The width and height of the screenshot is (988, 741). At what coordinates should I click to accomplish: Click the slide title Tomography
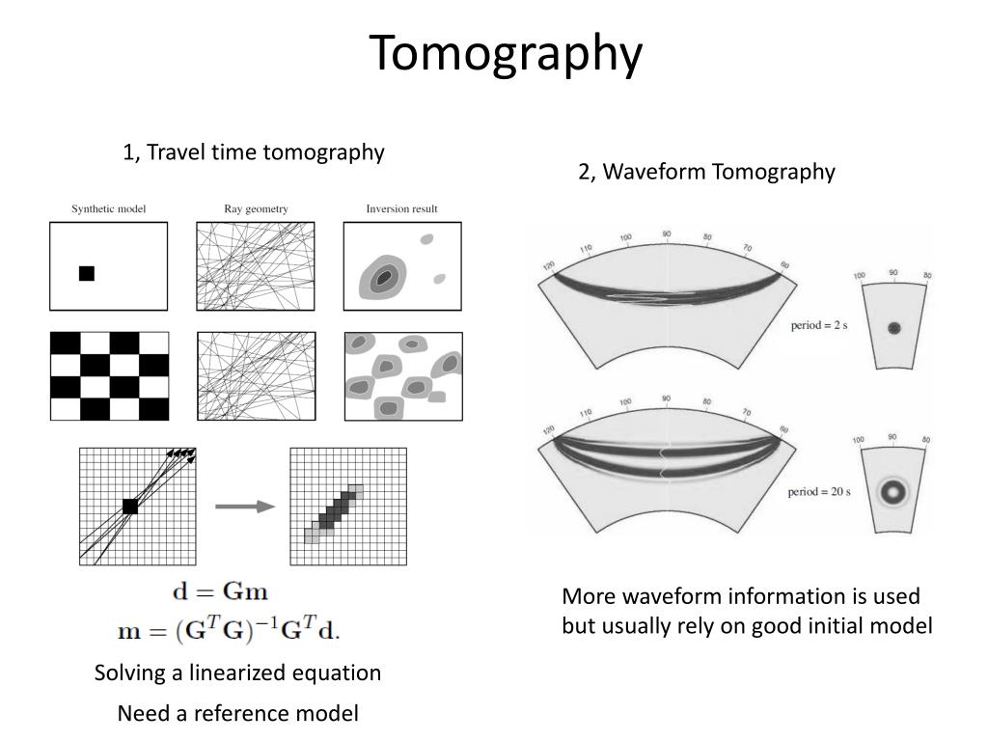coord(507,53)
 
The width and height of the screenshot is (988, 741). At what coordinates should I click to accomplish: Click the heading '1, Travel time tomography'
coord(253,152)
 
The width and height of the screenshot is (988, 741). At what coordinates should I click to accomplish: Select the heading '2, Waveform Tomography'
coord(706,172)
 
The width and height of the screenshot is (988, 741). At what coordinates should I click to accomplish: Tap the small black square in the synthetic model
coord(87,273)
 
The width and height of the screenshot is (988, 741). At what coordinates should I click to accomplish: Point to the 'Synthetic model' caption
coord(108,208)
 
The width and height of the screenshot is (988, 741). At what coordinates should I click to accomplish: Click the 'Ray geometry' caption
coord(255,208)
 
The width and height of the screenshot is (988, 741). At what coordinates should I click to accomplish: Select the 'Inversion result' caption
coord(401,208)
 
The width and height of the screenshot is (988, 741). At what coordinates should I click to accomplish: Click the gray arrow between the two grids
coord(245,507)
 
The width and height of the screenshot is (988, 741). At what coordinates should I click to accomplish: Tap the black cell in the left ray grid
coord(130,507)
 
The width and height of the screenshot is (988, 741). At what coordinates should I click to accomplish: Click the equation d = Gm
coord(220,590)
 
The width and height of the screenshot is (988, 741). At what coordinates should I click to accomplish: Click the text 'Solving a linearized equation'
coord(237,673)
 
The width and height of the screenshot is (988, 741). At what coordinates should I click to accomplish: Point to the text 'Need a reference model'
coord(237,714)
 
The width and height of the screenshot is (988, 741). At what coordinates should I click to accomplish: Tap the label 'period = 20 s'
coord(818,491)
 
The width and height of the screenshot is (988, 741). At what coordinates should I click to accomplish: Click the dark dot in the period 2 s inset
coord(893,328)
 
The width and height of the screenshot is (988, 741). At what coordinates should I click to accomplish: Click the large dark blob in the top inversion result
coord(385,278)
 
